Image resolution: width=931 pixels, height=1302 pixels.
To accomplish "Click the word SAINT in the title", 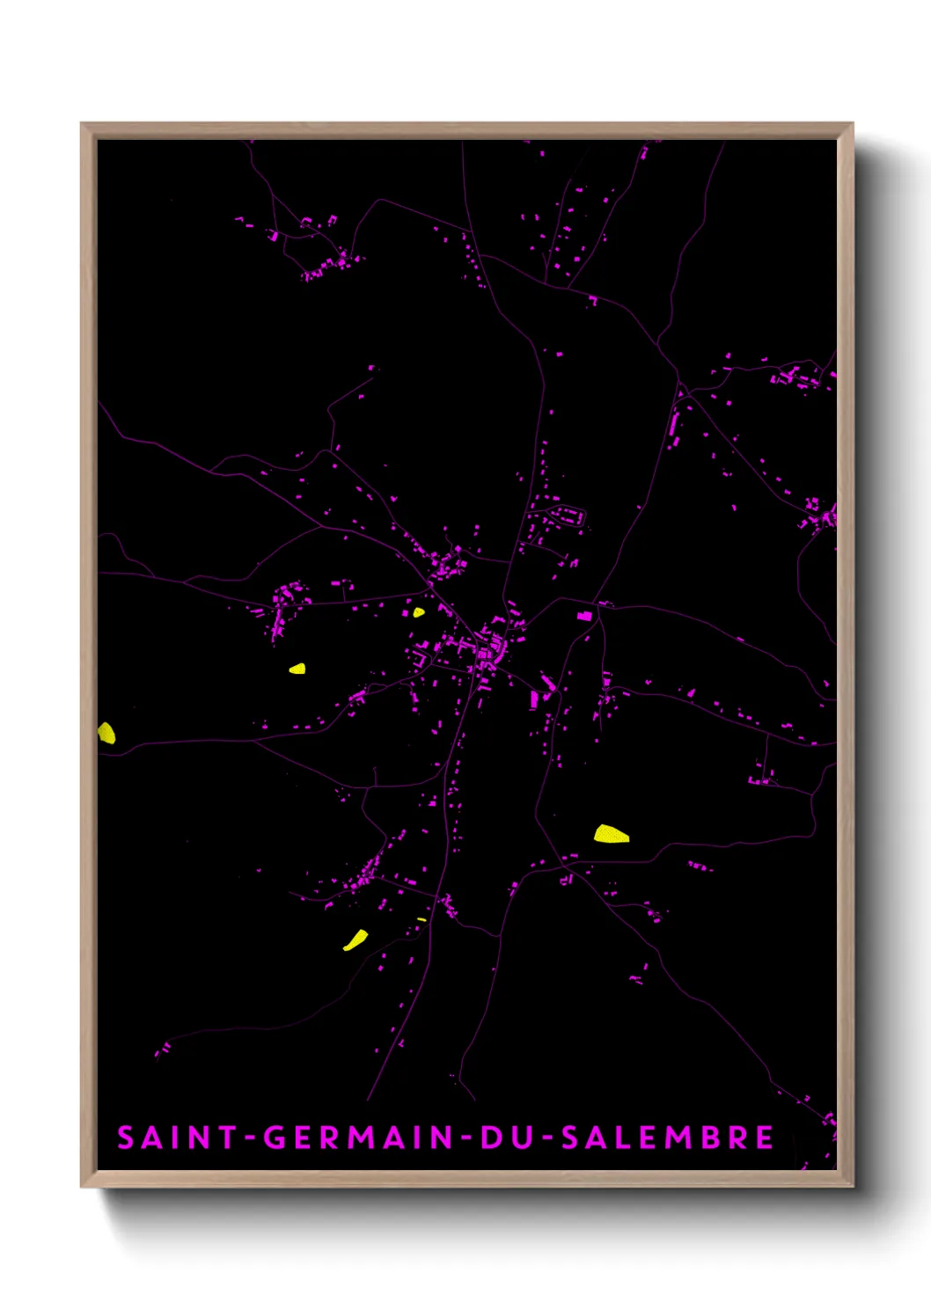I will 177,1137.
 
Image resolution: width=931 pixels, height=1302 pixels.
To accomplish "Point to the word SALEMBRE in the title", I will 668,1137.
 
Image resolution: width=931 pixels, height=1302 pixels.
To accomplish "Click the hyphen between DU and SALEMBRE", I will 548,1138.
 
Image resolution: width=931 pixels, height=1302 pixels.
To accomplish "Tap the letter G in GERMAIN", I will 275,1137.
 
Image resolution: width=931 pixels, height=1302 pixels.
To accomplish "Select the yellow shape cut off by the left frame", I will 106,733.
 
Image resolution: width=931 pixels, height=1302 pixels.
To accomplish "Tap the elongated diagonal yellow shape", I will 356,940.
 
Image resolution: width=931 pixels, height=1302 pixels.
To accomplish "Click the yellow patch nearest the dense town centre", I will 419,612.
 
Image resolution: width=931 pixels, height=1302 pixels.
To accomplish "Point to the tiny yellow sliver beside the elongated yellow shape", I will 422,920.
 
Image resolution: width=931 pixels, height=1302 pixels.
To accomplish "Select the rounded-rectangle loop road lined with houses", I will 568,516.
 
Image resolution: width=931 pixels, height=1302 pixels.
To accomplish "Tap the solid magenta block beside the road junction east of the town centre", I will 584,616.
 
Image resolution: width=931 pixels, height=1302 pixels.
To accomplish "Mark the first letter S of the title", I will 125,1137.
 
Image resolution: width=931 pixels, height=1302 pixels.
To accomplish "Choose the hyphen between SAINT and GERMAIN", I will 250,1138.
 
